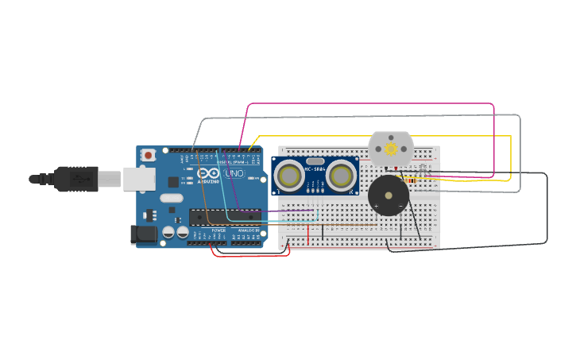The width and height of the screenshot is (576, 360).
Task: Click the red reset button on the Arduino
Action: (x=149, y=155)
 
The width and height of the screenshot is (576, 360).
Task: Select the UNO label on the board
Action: (x=234, y=173)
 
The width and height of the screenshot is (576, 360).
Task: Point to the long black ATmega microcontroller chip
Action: (x=225, y=217)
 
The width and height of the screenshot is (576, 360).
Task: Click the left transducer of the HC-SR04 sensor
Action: (x=290, y=176)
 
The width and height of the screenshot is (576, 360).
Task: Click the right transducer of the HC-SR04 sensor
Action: (x=342, y=176)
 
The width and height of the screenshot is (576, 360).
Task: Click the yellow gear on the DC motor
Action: (x=391, y=149)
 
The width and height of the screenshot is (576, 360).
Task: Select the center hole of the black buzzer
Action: (x=389, y=195)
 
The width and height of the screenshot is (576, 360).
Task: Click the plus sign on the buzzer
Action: (x=376, y=207)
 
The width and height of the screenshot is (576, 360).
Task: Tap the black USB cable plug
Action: (x=75, y=179)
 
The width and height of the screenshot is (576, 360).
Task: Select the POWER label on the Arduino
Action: (x=218, y=230)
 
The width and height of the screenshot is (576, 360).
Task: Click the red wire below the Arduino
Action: (x=250, y=255)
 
